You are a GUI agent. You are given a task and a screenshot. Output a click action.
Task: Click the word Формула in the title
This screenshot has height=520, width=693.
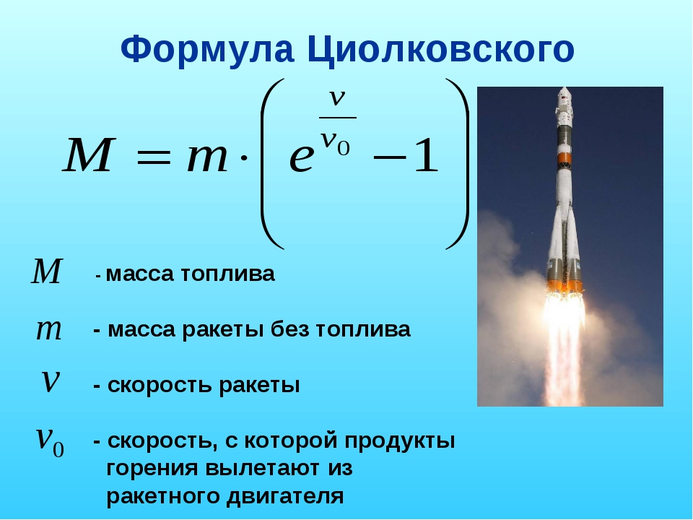tap(207, 50)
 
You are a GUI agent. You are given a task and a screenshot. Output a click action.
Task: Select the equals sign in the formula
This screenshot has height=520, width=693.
tap(153, 157)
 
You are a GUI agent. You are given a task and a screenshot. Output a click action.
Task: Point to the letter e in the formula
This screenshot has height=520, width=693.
tap(302, 159)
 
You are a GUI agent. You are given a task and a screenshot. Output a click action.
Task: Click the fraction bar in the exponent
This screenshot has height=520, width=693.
tap(338, 118)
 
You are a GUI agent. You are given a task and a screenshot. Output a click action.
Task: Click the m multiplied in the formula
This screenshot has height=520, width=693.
tap(207, 159)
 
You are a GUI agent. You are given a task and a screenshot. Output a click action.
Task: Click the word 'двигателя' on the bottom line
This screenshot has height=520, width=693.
tap(285, 495)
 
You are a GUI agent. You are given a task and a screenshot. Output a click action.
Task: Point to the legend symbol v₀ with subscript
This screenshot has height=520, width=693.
tap(50, 441)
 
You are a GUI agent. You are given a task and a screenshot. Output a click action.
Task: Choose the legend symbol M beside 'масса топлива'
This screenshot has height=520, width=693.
tap(48, 271)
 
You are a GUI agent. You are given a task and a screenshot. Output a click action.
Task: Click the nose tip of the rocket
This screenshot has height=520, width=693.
tap(564, 88)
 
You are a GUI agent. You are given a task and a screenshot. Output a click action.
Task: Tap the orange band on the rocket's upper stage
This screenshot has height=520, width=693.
tap(565, 159)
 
